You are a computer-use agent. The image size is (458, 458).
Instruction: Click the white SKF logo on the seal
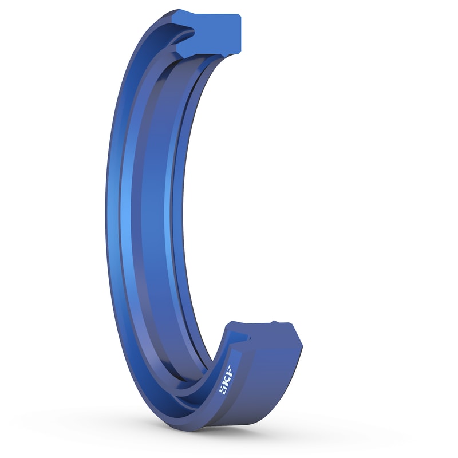(224, 380)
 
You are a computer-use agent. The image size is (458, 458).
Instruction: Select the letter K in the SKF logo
(224, 380)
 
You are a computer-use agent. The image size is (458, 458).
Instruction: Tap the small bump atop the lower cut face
(281, 325)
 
